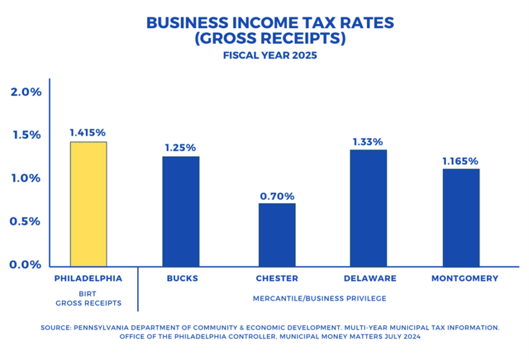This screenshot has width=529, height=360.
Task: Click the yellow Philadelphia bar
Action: (x=88, y=204)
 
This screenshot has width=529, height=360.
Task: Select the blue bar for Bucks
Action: (x=181, y=211)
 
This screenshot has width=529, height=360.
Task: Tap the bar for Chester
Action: (x=277, y=234)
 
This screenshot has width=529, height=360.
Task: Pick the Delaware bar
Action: (x=369, y=207)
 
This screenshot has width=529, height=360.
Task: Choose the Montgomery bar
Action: (x=461, y=216)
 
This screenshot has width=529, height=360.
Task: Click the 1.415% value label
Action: (x=88, y=132)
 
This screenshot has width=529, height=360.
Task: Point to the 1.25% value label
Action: (x=181, y=148)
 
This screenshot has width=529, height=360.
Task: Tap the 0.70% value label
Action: (x=277, y=196)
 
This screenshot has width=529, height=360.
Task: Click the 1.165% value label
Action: (x=461, y=160)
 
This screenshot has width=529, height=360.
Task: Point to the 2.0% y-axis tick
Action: (x=26, y=92)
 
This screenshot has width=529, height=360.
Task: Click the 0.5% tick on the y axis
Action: (x=26, y=221)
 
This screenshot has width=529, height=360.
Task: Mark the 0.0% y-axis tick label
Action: (x=26, y=264)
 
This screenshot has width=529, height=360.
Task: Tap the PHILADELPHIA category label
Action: (x=88, y=279)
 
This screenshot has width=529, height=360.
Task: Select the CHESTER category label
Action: (x=277, y=279)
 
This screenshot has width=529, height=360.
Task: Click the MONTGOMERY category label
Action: (x=465, y=279)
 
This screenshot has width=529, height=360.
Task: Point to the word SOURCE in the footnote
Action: (x=55, y=328)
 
